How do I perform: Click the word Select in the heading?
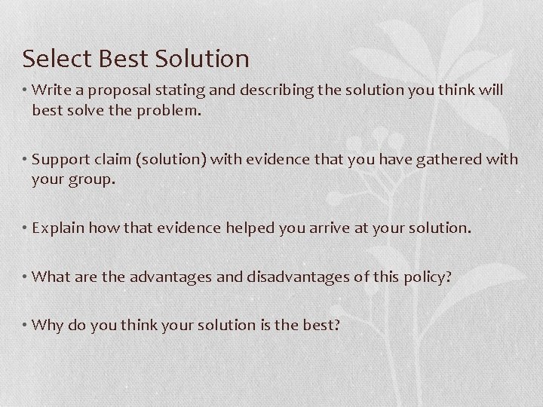(49, 58)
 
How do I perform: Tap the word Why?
(45, 325)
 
